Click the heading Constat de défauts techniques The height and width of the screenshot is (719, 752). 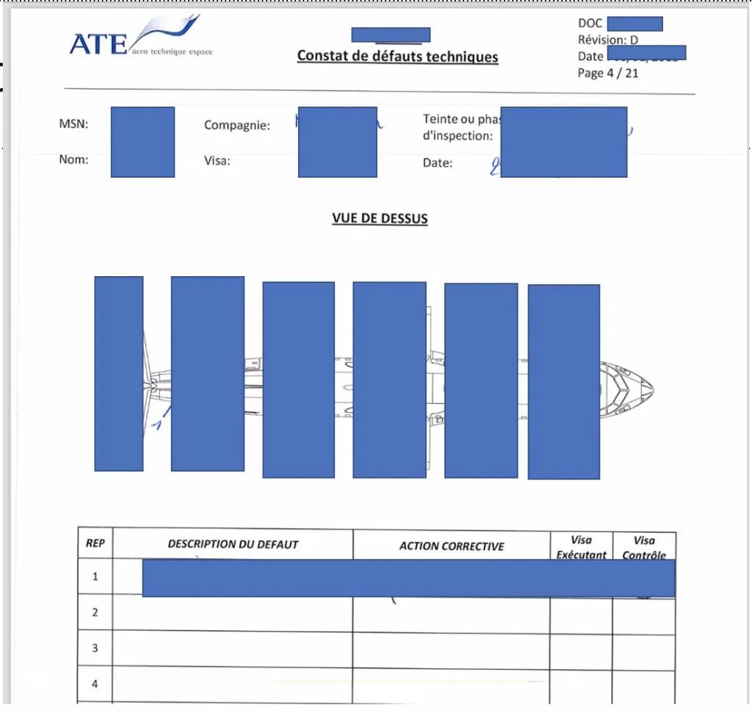coord(397,57)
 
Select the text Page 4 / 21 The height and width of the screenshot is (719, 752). coord(608,73)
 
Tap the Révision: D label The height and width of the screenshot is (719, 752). coord(608,40)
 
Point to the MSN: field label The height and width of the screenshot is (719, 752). coord(73,124)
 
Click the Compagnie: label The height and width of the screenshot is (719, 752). coord(237,126)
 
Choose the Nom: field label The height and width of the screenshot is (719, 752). coord(73,159)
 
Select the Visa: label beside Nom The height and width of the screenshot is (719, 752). coord(217,161)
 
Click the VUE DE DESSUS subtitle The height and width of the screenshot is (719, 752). coord(380,218)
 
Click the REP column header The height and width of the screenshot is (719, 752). coord(95,543)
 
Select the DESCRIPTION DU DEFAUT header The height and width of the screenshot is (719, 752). coord(233,544)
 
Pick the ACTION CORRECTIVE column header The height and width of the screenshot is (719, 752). coord(452,546)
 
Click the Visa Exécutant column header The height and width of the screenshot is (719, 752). coord(581,547)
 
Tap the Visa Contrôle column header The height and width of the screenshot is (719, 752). coord(644,548)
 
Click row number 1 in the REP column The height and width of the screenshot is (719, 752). coord(95,577)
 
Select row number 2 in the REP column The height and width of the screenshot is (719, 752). coord(95,612)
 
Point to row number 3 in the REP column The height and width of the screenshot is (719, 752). coord(95,648)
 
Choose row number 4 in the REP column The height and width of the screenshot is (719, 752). coord(95,684)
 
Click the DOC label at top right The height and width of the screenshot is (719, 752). coord(590,24)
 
